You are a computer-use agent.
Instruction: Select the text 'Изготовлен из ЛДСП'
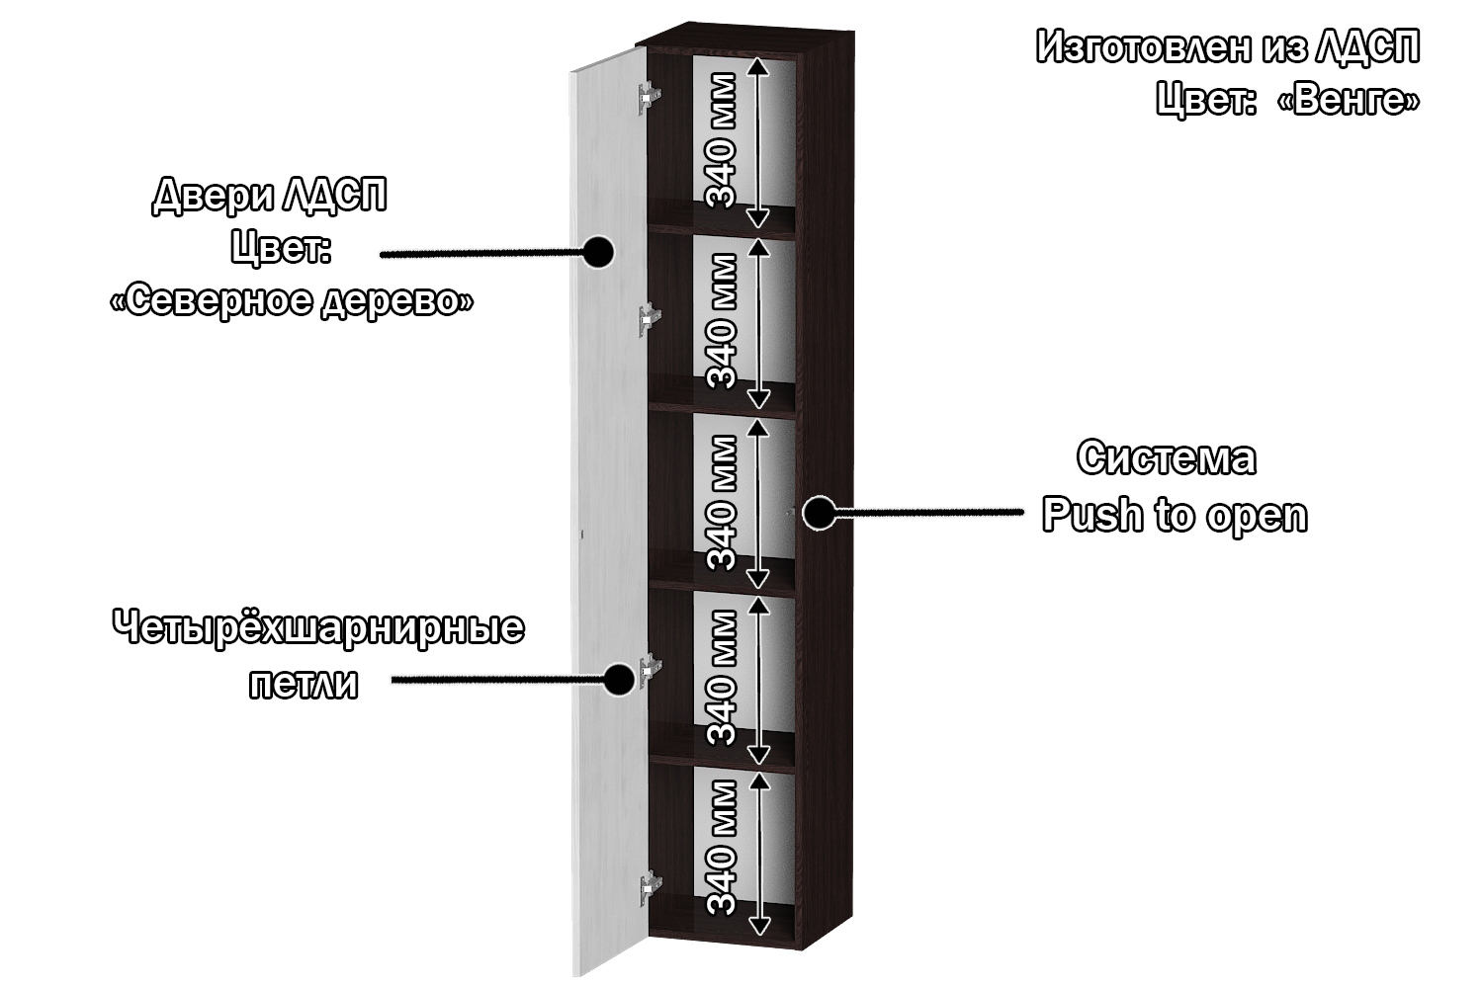[1228, 47]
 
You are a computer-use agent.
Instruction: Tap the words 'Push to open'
[1175, 516]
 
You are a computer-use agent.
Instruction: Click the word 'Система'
[1167, 458]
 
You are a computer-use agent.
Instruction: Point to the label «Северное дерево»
[291, 300]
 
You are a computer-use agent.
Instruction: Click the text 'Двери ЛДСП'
[269, 196]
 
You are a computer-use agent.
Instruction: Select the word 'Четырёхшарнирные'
[318, 628]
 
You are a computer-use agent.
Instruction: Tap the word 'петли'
[303, 684]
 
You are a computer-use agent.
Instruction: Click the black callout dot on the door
[597, 252]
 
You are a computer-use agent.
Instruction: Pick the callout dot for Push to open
[818, 512]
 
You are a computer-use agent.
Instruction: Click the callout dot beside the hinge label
[619, 679]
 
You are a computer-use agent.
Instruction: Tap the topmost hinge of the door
[649, 95]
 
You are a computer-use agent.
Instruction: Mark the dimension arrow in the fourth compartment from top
[758, 679]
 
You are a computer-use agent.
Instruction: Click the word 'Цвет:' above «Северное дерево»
[280, 248]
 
